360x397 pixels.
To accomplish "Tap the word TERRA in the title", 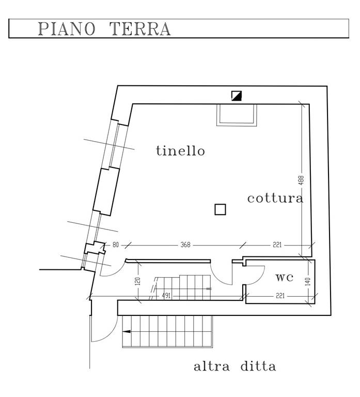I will (140, 29).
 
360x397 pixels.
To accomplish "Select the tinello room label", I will (180, 151).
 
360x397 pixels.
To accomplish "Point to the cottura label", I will (275, 198).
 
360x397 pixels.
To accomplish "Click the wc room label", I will (284, 277).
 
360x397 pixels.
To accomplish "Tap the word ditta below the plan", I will (258, 367).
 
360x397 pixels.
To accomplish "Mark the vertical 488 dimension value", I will (301, 180).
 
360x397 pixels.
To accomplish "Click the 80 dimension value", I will (115, 245).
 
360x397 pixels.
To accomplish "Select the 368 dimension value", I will (184, 245).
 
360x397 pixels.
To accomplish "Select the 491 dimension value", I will (166, 296).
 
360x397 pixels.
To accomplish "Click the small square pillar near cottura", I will (220, 209).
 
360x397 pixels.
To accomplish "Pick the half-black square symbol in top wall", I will (238, 95).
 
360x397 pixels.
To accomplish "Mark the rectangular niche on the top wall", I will (236, 114).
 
